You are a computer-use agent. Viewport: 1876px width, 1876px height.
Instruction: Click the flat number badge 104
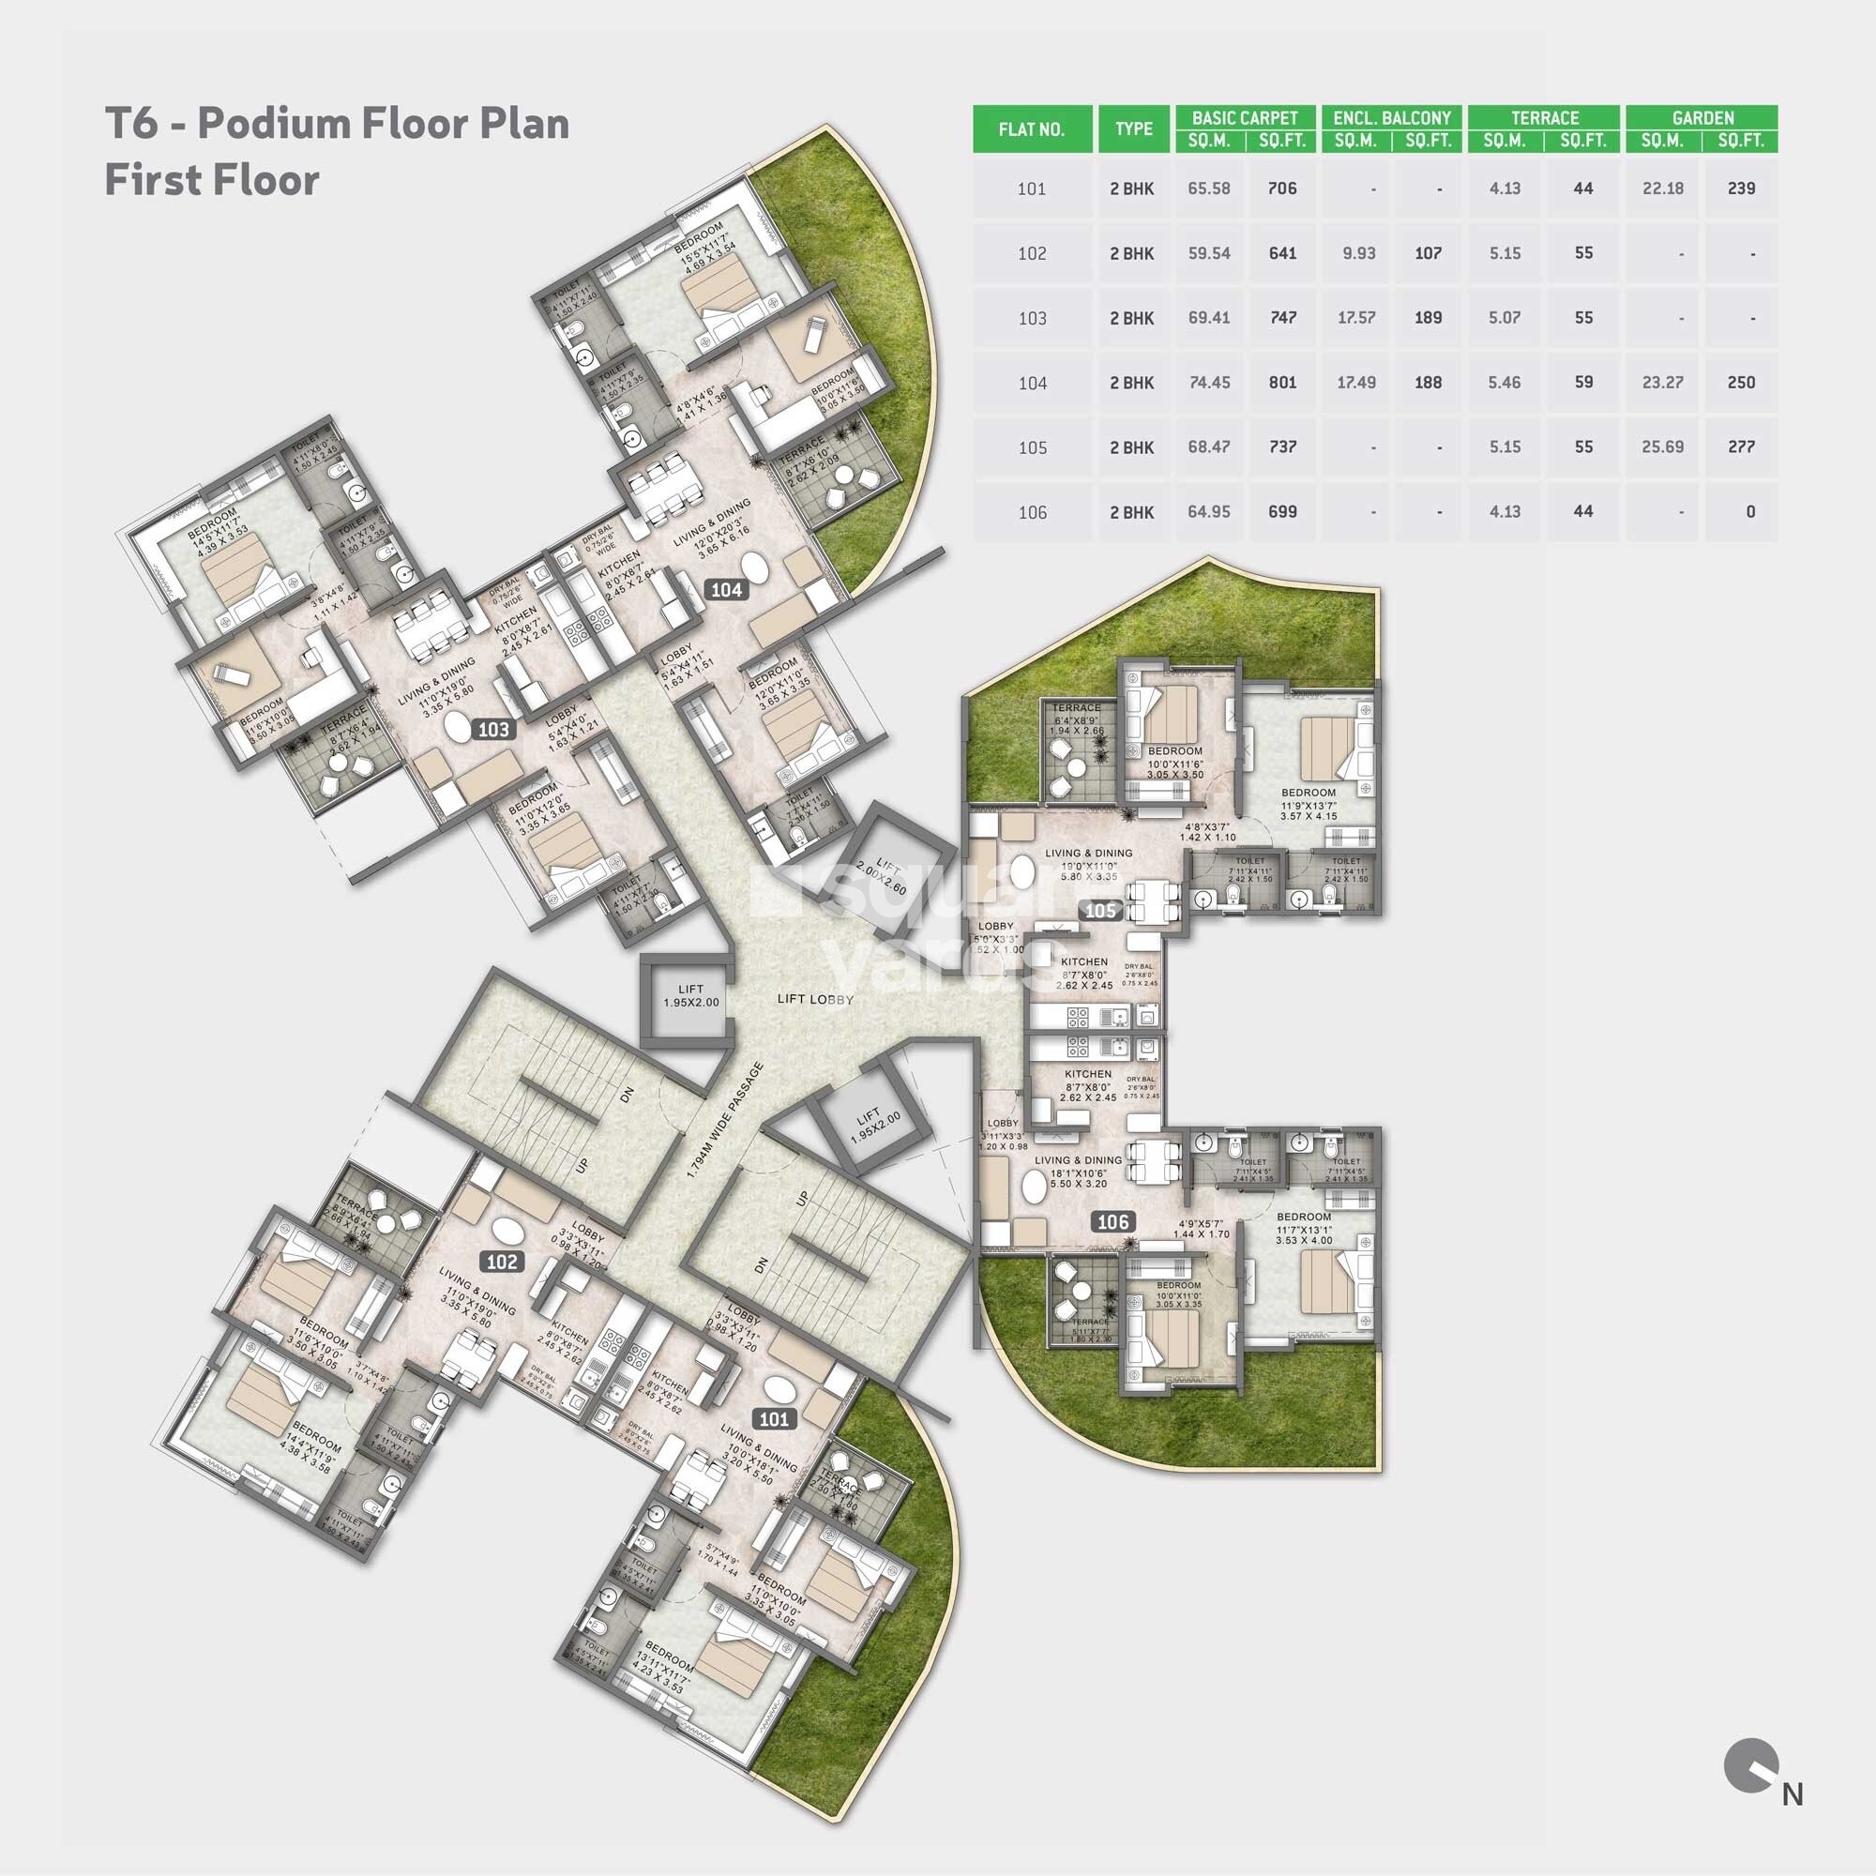click(x=726, y=589)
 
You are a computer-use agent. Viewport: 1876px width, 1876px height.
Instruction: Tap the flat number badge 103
click(x=493, y=729)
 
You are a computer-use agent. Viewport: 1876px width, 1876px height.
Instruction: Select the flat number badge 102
click(x=502, y=1262)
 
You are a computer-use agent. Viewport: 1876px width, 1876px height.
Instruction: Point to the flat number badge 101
click(x=774, y=1419)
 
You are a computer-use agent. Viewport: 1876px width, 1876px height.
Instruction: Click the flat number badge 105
click(x=1101, y=911)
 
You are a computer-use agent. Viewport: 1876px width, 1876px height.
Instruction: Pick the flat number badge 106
click(x=1112, y=1221)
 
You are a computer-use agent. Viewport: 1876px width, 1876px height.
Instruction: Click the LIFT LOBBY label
click(x=816, y=999)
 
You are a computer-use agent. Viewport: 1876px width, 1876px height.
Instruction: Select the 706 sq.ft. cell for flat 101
click(x=1281, y=189)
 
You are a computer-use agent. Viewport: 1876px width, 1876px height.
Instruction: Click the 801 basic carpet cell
click(x=1281, y=383)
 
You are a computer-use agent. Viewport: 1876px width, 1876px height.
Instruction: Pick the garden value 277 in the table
click(x=1741, y=447)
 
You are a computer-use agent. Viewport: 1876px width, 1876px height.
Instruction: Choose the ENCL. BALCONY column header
click(x=1391, y=118)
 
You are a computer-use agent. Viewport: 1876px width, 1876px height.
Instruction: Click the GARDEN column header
click(x=1702, y=118)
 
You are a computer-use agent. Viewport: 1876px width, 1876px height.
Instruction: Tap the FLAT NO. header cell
click(x=1031, y=129)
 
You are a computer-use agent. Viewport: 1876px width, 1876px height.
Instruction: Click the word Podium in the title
click(x=279, y=125)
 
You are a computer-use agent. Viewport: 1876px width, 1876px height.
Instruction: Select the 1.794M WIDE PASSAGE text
click(x=724, y=1122)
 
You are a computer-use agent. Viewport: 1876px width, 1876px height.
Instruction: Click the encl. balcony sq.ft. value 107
click(x=1428, y=253)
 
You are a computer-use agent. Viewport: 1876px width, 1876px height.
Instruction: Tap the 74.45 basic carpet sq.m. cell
click(x=1209, y=383)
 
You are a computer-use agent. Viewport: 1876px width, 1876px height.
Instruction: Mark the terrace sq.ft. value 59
click(x=1582, y=383)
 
